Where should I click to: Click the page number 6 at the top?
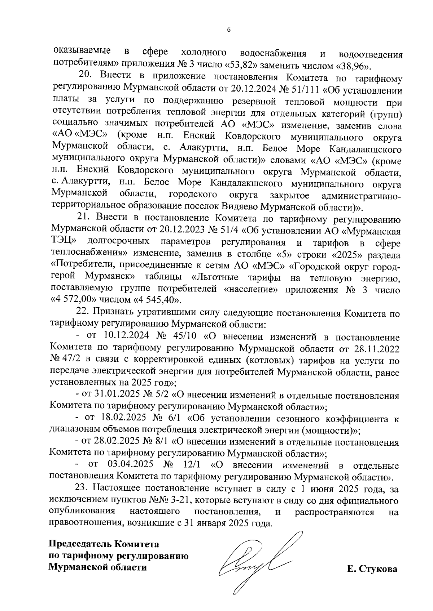click(228, 30)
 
